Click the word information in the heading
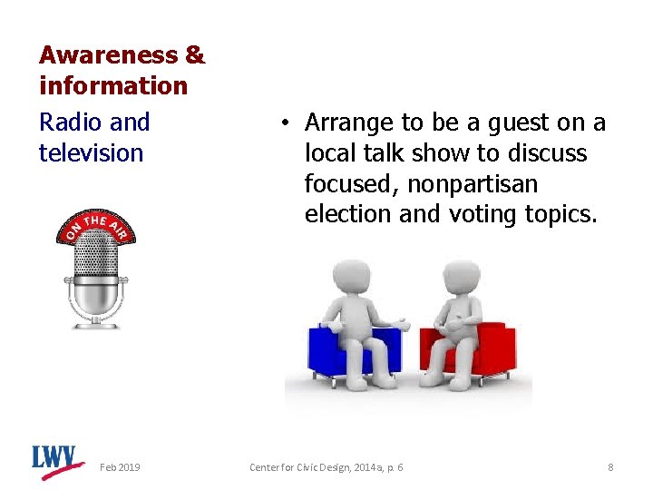pos(113,86)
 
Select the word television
pos(91,152)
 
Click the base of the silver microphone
pos(97,317)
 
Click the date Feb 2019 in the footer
pos(120,466)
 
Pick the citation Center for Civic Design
pos(326,466)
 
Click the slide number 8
pos(610,466)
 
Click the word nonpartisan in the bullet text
pos(472,184)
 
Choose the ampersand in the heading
pos(194,55)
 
